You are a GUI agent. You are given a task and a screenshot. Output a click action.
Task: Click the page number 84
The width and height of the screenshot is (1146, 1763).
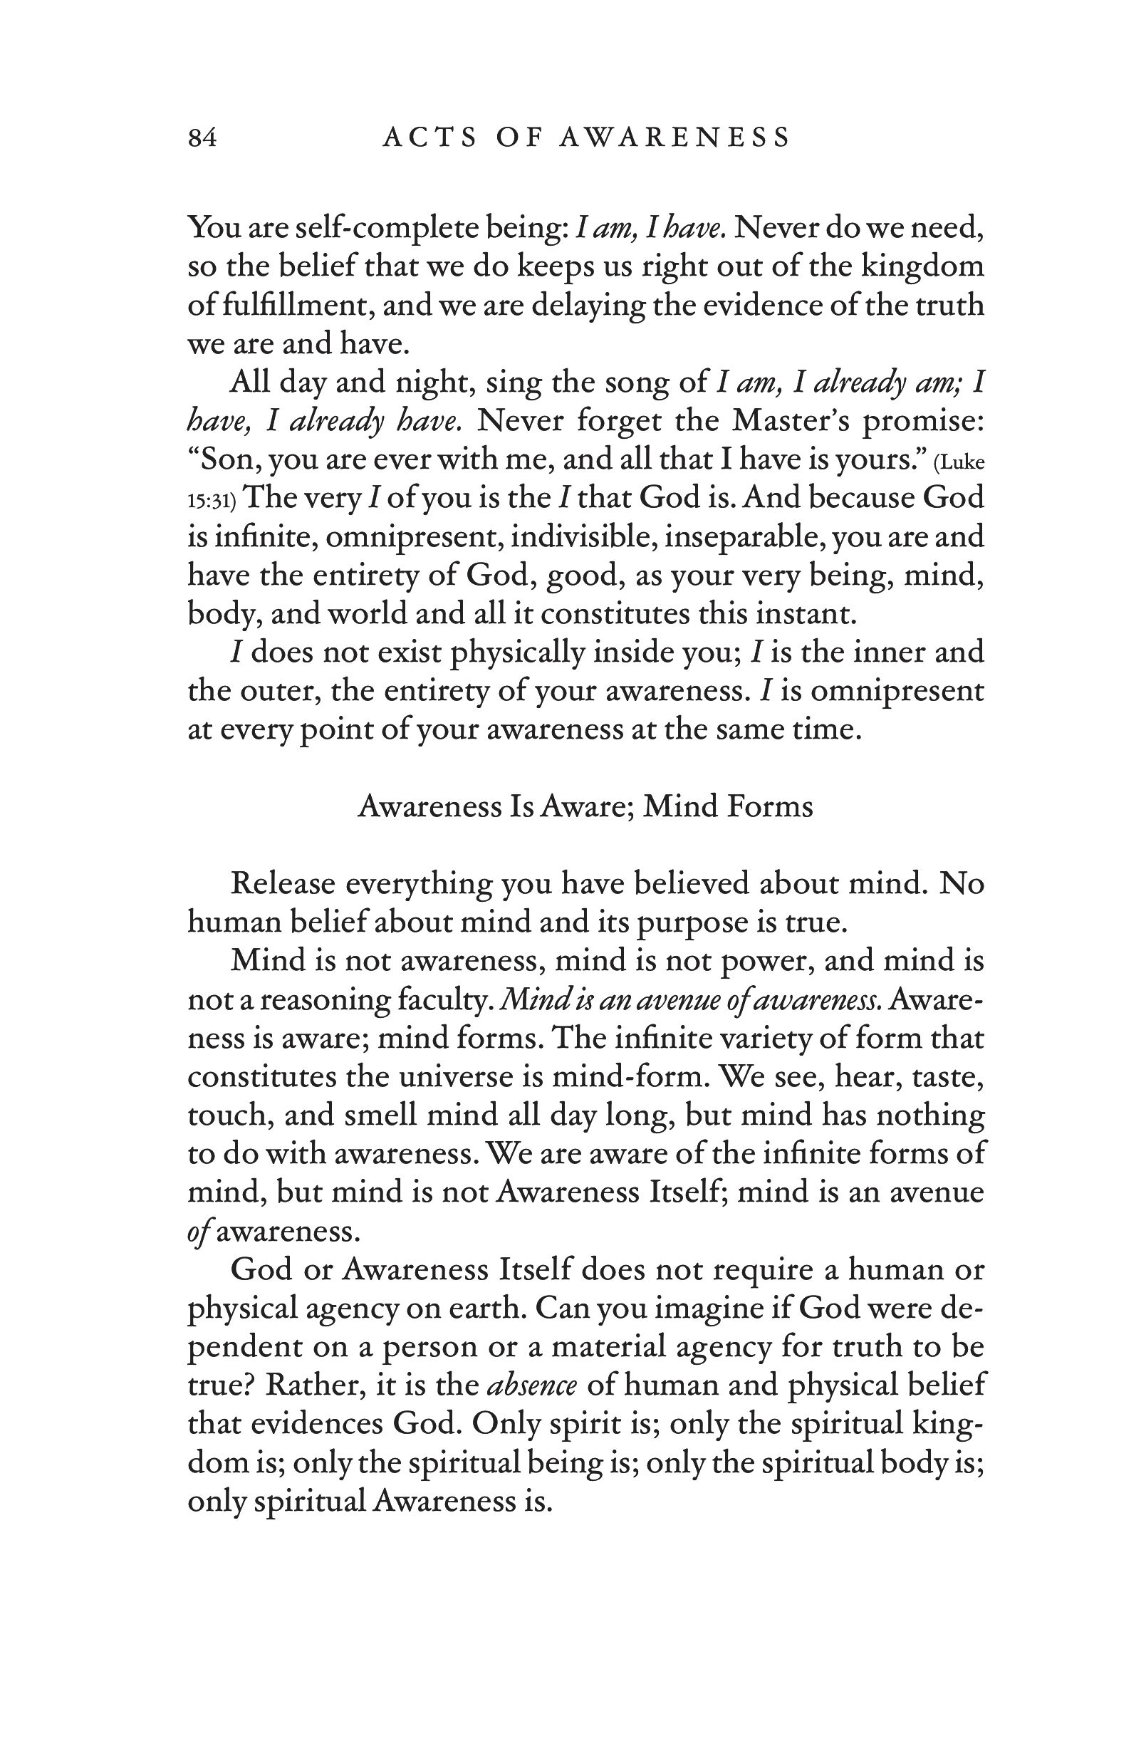click(x=202, y=137)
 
